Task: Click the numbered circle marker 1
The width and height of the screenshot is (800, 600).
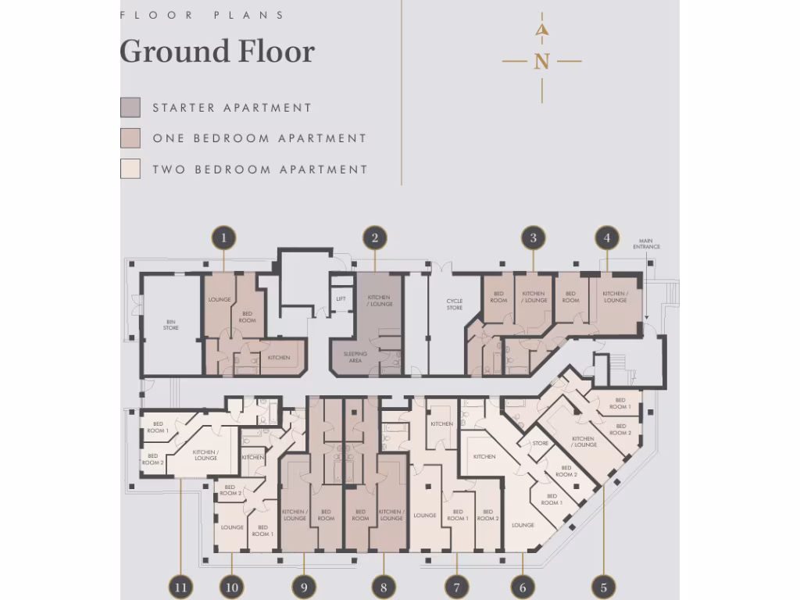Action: pos(224,237)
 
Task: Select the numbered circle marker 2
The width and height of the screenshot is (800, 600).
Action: pos(375,237)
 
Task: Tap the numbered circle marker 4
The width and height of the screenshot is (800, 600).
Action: pos(607,237)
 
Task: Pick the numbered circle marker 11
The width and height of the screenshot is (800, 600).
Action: pos(180,587)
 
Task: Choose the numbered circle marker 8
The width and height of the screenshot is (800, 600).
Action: pos(383,587)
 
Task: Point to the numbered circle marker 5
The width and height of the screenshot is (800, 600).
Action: pos(603,587)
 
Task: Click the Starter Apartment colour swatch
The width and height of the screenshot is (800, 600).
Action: pos(130,108)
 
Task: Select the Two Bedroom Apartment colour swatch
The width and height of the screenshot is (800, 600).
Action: pos(130,169)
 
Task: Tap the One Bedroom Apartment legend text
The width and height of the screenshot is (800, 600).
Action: pos(259,138)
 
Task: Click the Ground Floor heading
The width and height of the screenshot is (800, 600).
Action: pos(217,52)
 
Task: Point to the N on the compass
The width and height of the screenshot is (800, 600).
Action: pos(541,61)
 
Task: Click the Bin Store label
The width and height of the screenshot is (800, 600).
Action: pos(170,325)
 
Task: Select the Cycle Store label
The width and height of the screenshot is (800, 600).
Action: pos(455,304)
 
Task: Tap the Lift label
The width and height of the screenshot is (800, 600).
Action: pos(341,298)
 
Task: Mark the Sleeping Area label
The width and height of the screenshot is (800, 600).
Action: pos(355,357)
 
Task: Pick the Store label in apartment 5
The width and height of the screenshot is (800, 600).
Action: pos(541,444)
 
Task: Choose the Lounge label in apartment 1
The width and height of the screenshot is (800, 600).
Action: pos(219,300)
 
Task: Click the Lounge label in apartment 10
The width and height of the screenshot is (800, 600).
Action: pos(232,527)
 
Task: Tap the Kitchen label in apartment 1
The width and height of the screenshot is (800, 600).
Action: pos(279,358)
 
